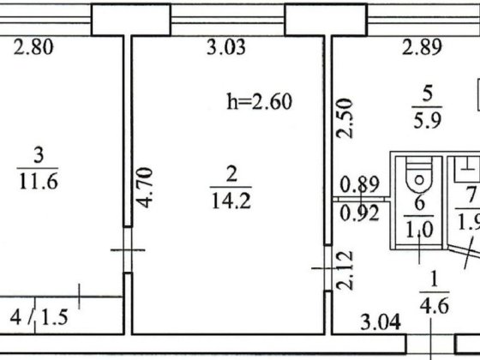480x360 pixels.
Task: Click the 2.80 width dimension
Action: (33, 47)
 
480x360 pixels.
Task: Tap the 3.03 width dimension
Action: (226, 47)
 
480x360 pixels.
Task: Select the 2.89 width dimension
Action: (422, 47)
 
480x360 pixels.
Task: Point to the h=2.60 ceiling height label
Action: (259, 102)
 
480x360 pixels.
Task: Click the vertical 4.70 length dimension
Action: (145, 188)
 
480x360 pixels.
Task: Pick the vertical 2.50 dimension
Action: (345, 118)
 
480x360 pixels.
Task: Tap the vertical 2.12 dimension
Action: (345, 271)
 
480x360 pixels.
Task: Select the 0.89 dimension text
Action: (360, 184)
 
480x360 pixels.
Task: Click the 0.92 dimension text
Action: (360, 213)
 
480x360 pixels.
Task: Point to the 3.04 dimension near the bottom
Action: (381, 322)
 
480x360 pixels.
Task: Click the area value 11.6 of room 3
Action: (39, 182)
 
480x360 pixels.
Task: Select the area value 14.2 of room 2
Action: (231, 201)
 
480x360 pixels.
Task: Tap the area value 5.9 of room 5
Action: (428, 120)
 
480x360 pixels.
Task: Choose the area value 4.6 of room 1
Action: (435, 305)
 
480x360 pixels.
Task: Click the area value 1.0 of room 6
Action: (419, 230)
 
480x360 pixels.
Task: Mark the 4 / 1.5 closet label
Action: (39, 317)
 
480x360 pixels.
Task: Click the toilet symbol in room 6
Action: (420, 176)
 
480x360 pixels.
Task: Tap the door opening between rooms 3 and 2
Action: (128, 249)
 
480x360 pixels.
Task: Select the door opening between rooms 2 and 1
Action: (327, 268)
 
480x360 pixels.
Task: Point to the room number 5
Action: (428, 93)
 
